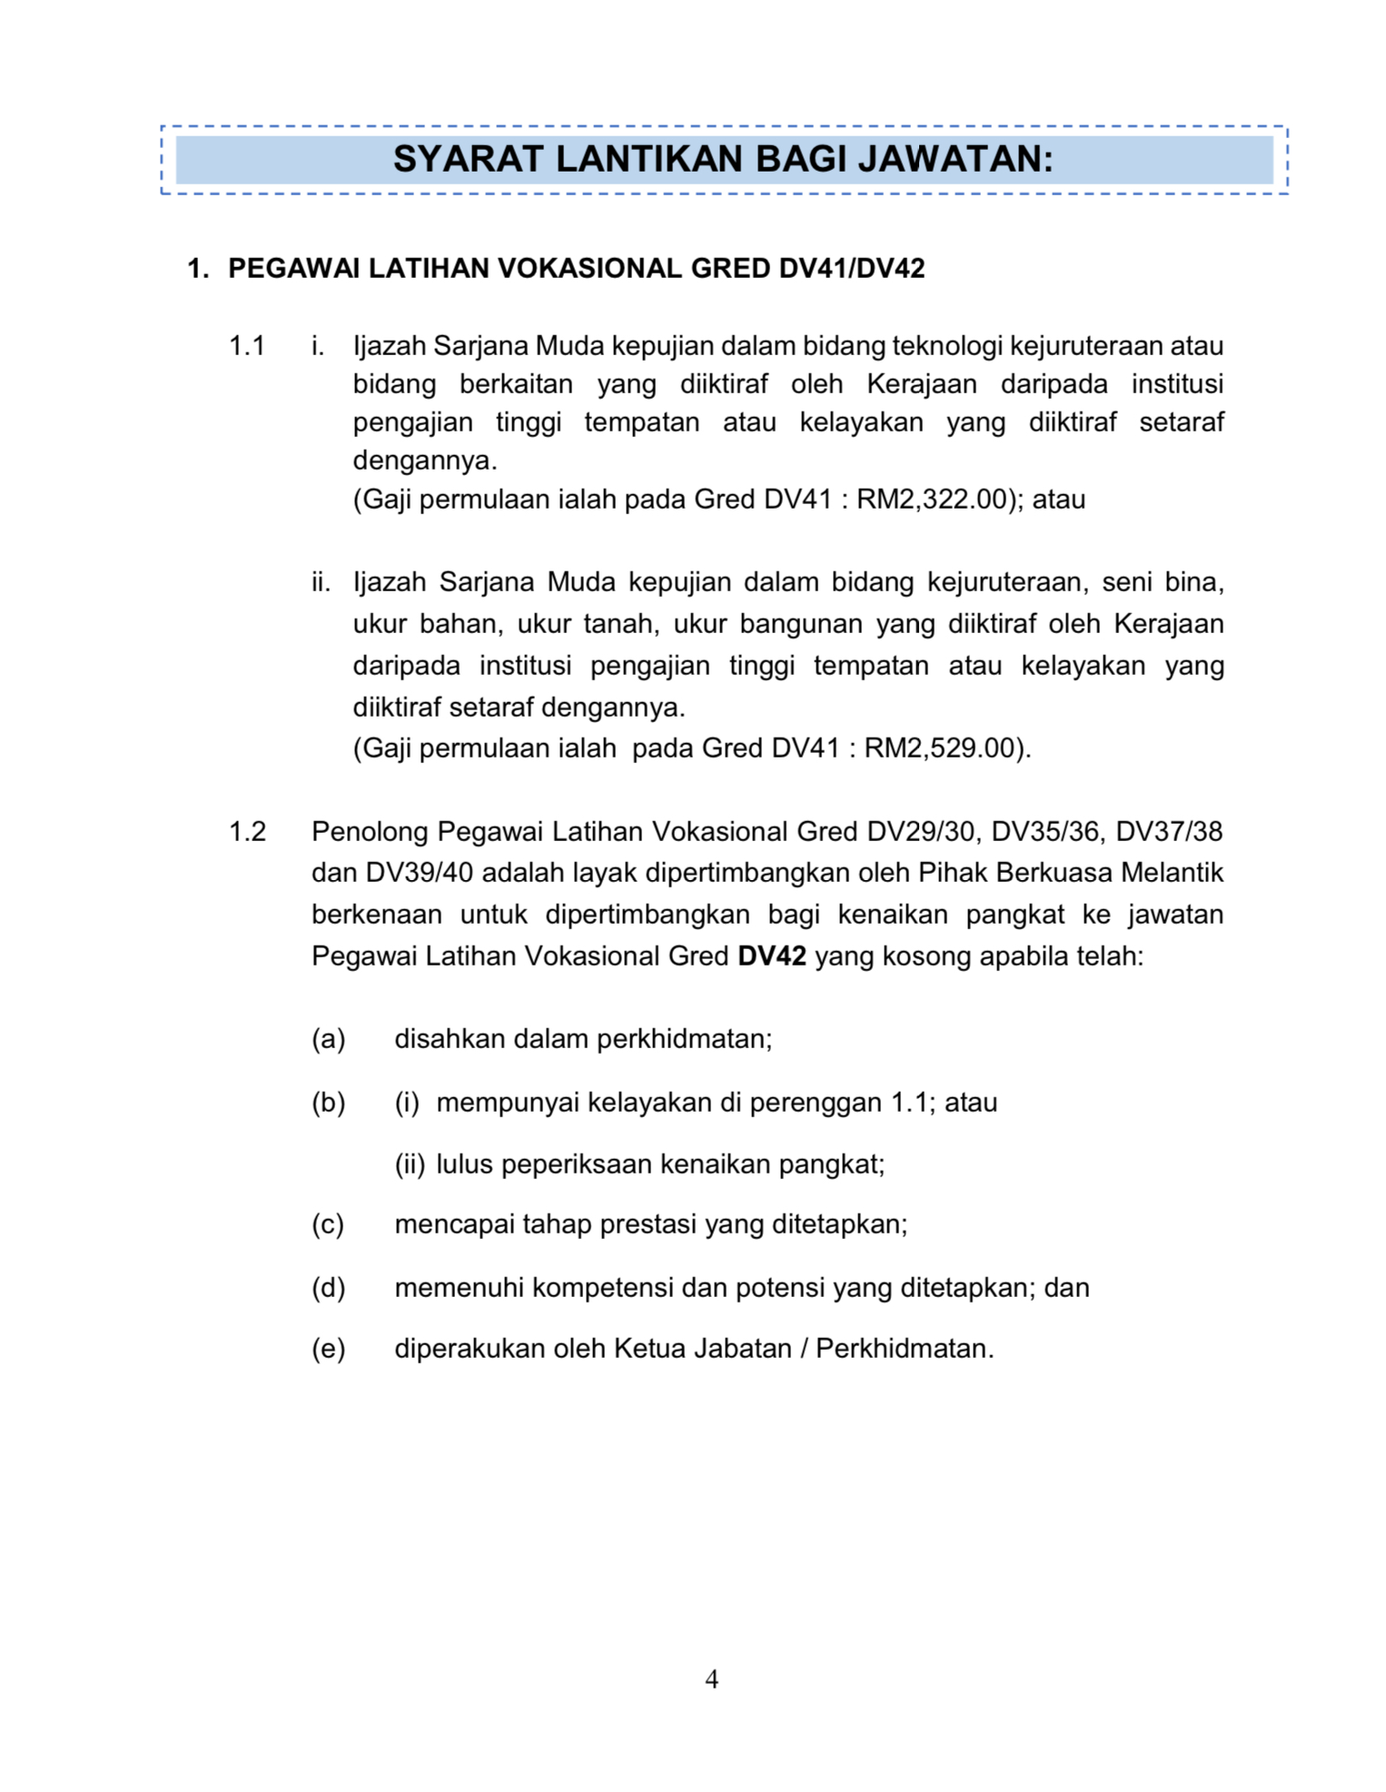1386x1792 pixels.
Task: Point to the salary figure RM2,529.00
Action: pyautogui.click(x=939, y=748)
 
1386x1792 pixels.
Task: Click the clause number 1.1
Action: pyautogui.click(x=247, y=346)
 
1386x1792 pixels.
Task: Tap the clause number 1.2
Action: pyautogui.click(x=247, y=831)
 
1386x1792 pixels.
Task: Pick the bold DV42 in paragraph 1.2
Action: pyautogui.click(x=772, y=956)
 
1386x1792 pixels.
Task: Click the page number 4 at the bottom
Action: pyautogui.click(x=711, y=1679)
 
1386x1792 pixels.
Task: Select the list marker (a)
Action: pyautogui.click(x=329, y=1039)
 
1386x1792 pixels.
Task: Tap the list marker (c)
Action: pyautogui.click(x=328, y=1225)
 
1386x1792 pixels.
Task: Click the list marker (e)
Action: pyautogui.click(x=329, y=1349)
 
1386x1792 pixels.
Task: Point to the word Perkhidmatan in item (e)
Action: pyautogui.click(x=904, y=1349)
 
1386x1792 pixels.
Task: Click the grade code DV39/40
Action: pyautogui.click(x=420, y=873)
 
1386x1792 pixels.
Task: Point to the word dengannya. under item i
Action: pyautogui.click(x=425, y=461)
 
